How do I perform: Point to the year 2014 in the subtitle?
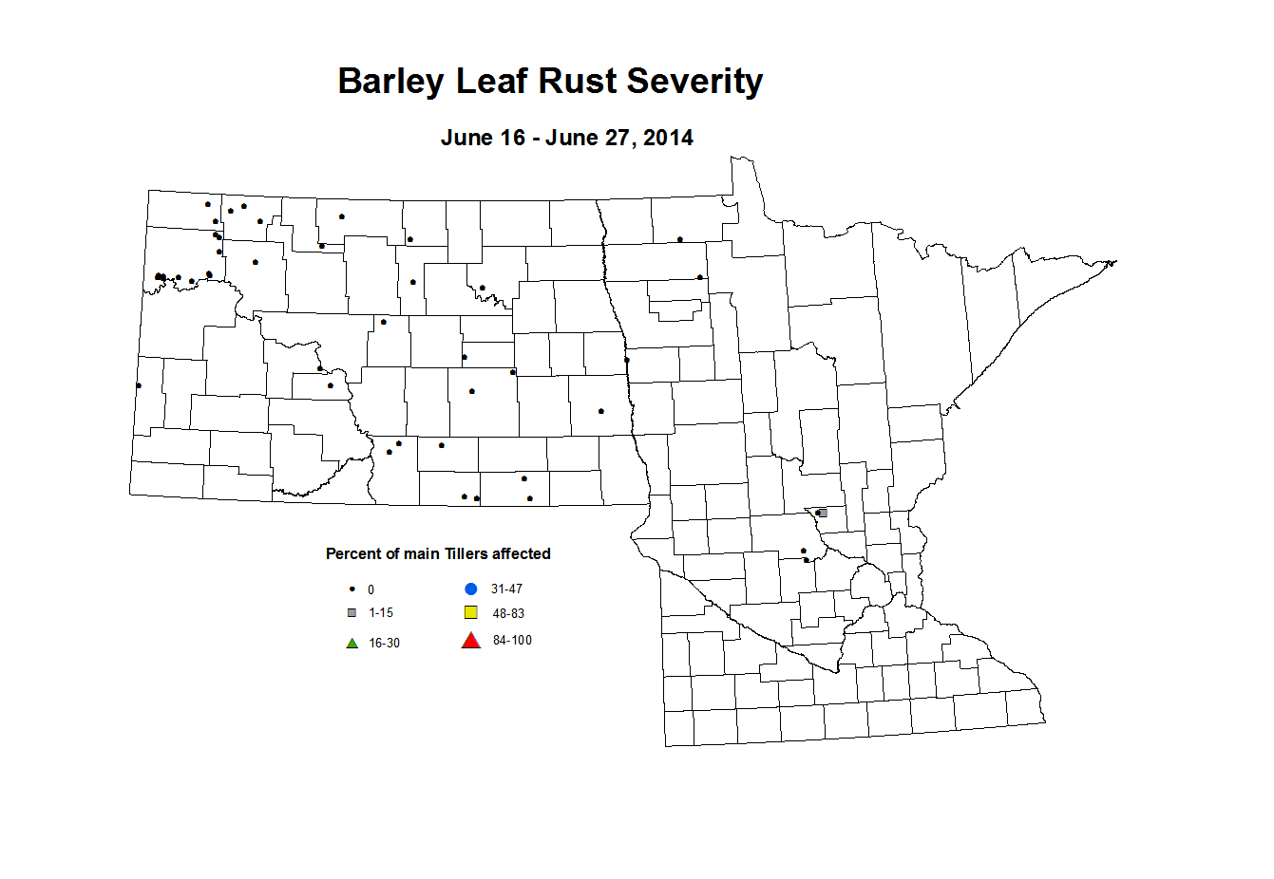click(x=668, y=138)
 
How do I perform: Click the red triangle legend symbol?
click(x=470, y=641)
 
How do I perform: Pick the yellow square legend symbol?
click(x=470, y=612)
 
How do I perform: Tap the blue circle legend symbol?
click(x=470, y=589)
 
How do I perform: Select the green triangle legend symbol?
click(x=352, y=643)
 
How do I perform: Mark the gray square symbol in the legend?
click(x=352, y=612)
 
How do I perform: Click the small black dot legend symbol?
click(x=352, y=589)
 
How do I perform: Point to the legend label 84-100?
click(x=512, y=641)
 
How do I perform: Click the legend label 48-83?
click(x=508, y=613)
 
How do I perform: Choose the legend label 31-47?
click(x=506, y=589)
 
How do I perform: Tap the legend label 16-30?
click(x=384, y=643)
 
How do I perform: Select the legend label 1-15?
click(x=381, y=612)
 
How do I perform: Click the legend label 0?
click(x=371, y=589)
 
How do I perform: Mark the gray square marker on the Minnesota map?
click(x=823, y=513)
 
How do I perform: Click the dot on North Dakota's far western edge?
click(x=139, y=385)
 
